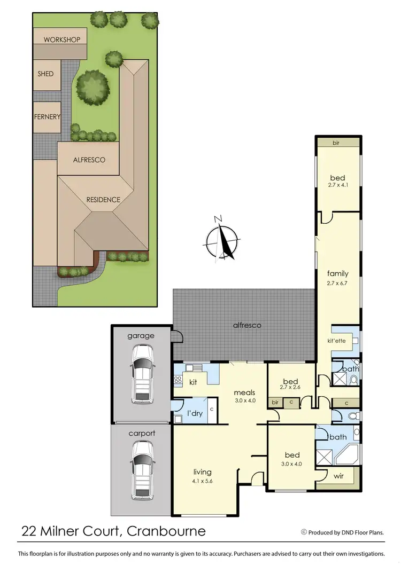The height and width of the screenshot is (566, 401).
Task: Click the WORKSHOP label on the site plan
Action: pos(62,40)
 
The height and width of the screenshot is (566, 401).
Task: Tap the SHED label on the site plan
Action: pos(45,74)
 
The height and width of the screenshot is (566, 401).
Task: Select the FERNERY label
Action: pos(47,117)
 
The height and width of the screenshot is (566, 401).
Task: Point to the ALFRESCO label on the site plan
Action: pos(89,160)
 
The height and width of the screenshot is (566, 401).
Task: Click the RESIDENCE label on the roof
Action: pos(103,200)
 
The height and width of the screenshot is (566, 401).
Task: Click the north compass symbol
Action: pos(222,238)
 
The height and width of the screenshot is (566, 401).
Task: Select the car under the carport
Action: pos(142,470)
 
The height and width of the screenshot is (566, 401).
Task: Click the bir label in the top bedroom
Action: pos(337,143)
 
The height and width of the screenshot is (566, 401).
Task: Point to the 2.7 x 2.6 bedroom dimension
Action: pos(290,389)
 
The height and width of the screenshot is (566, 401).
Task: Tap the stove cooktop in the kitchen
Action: pos(178,380)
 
